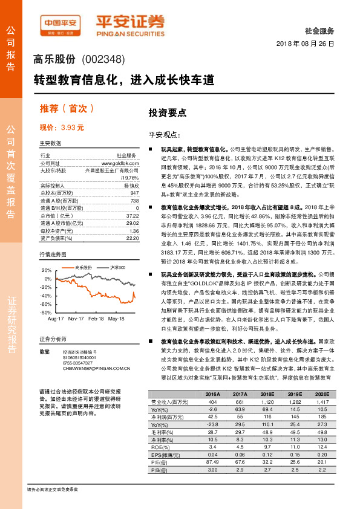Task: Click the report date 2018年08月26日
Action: [x=305, y=45]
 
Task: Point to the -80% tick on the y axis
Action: [x=46, y=313]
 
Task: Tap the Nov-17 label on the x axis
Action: [x=76, y=318]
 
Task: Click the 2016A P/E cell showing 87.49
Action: [x=212, y=461]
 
